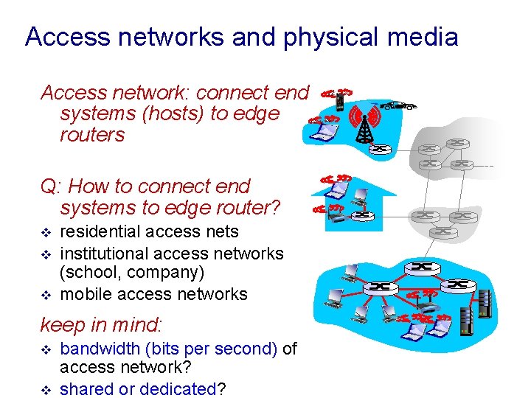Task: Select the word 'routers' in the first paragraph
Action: [x=93, y=135]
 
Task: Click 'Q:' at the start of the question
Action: [x=52, y=186]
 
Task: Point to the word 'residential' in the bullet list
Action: [x=101, y=232]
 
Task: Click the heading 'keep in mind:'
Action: [x=100, y=324]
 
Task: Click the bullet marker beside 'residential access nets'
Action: [x=46, y=233]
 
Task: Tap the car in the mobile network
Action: [x=398, y=106]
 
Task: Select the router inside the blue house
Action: [x=362, y=215]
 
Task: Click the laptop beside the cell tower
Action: [x=325, y=131]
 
